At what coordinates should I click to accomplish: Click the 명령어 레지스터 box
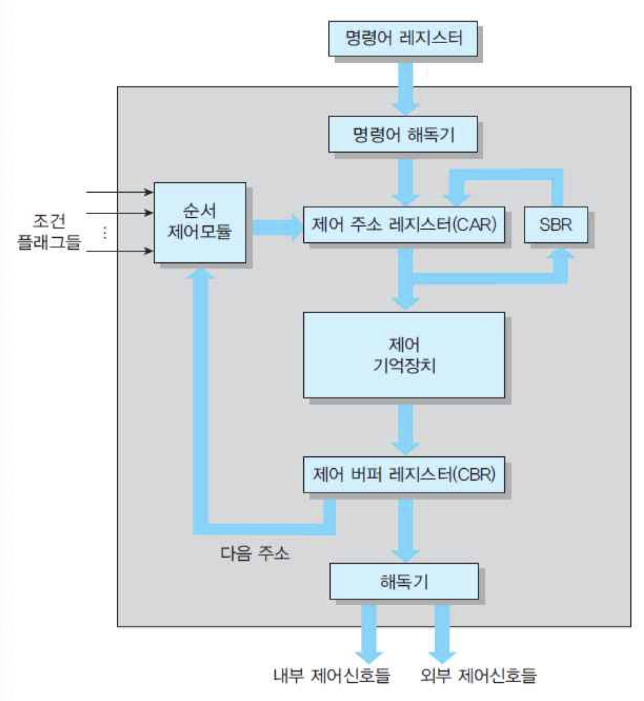(404, 39)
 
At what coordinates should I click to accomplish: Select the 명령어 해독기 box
(404, 134)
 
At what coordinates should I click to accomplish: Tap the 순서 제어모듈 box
(200, 223)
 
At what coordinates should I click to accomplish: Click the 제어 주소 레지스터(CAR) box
(404, 223)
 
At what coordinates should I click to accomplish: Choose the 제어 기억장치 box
(404, 355)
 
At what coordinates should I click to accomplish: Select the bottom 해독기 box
(404, 581)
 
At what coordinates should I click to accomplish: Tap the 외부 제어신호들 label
(480, 675)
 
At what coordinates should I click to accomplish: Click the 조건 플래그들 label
(57, 232)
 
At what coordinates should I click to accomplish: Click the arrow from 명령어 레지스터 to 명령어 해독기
(405, 85)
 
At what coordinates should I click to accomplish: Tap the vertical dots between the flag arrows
(105, 232)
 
